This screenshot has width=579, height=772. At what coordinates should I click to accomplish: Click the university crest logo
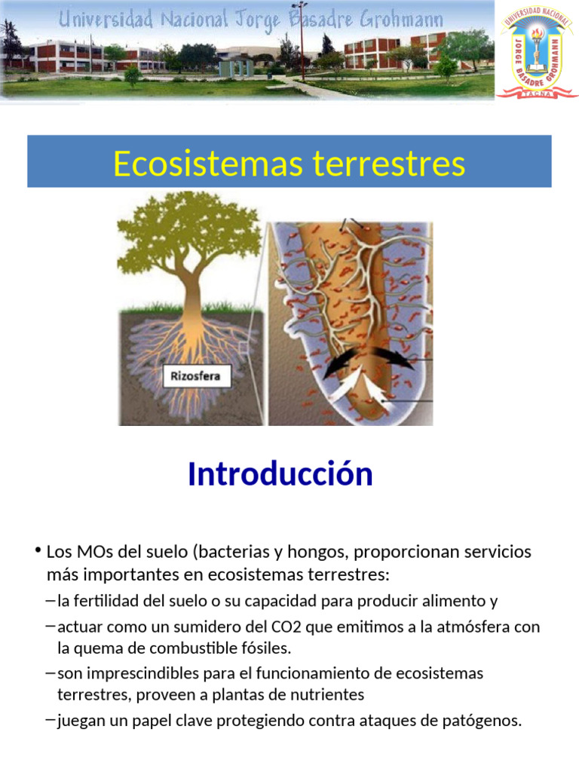(537, 54)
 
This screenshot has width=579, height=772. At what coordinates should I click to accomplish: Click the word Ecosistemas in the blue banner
(198, 163)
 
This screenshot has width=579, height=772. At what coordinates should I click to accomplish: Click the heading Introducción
(280, 474)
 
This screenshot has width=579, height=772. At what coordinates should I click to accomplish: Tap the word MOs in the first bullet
(93, 552)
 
